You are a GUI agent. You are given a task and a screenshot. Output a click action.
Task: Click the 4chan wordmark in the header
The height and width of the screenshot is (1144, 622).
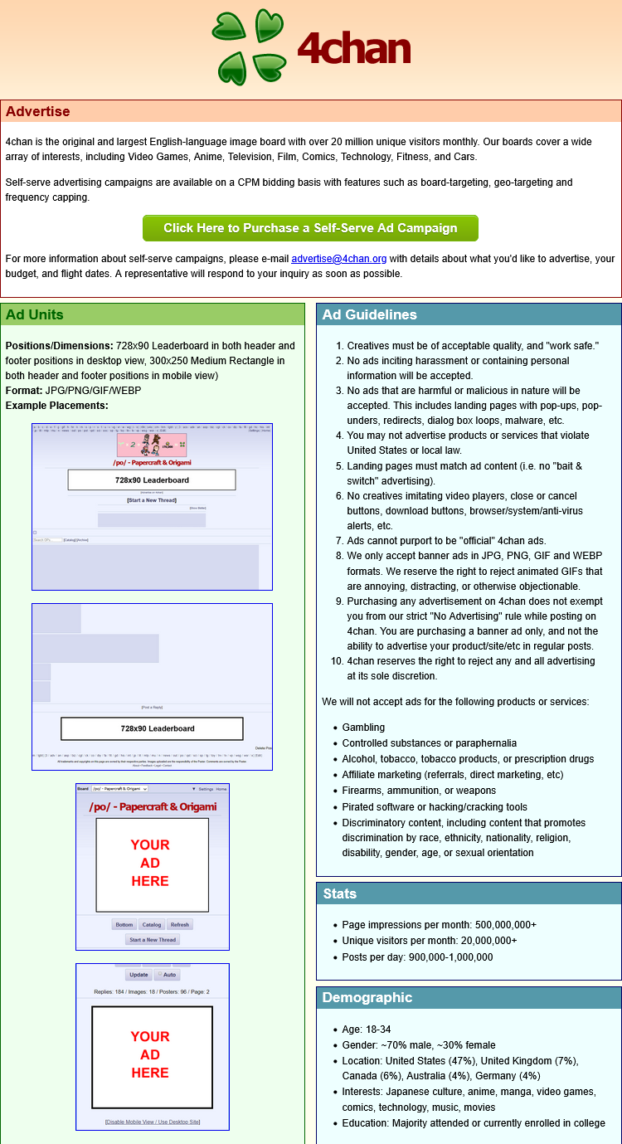click(353, 49)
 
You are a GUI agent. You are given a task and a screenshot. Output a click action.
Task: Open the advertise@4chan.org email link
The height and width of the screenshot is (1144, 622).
click(338, 259)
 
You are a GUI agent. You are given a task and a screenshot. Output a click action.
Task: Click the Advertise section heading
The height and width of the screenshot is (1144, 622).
click(37, 111)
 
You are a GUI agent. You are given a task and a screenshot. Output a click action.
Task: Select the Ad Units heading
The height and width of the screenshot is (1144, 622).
click(34, 314)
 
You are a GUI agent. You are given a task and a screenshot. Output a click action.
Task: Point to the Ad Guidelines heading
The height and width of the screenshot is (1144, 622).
click(369, 314)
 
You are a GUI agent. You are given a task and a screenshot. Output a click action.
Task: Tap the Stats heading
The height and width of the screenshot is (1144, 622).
click(339, 893)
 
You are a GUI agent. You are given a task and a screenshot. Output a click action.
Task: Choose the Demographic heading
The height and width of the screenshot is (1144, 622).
click(367, 997)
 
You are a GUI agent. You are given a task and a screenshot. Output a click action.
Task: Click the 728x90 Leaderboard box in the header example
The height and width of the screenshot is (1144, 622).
click(152, 480)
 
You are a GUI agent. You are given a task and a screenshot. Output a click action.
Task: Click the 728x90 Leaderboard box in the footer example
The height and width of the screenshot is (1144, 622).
click(152, 728)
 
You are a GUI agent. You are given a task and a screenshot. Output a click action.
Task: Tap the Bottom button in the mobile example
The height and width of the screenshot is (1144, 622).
click(124, 924)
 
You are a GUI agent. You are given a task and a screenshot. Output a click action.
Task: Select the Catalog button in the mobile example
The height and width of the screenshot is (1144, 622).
click(152, 924)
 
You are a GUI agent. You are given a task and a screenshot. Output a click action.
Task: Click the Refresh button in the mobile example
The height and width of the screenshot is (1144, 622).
click(180, 924)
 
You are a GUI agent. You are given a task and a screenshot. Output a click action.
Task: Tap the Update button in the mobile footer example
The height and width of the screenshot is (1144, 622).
click(138, 975)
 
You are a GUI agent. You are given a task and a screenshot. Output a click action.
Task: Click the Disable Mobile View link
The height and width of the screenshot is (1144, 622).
click(133, 1122)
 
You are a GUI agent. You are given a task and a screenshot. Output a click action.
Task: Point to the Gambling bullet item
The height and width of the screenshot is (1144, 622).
click(363, 727)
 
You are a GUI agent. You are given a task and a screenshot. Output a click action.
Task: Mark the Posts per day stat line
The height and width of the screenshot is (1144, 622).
click(417, 957)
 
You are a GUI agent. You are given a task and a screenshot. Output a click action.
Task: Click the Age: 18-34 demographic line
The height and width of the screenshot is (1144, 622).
click(366, 1030)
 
